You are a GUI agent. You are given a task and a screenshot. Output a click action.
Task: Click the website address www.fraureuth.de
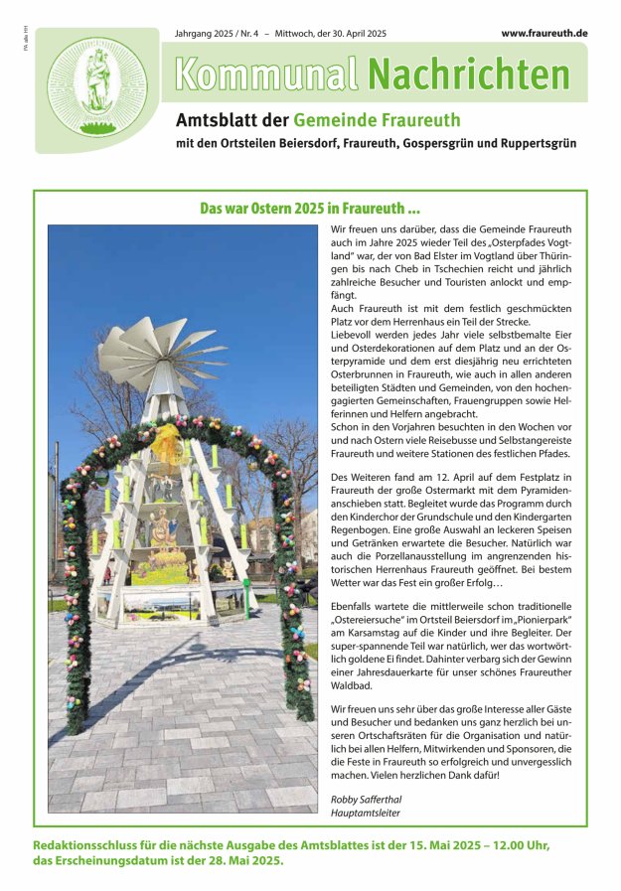click(x=543, y=33)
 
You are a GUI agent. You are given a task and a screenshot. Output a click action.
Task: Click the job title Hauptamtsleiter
click(x=365, y=813)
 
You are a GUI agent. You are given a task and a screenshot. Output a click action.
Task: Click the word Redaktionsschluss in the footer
click(x=90, y=845)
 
